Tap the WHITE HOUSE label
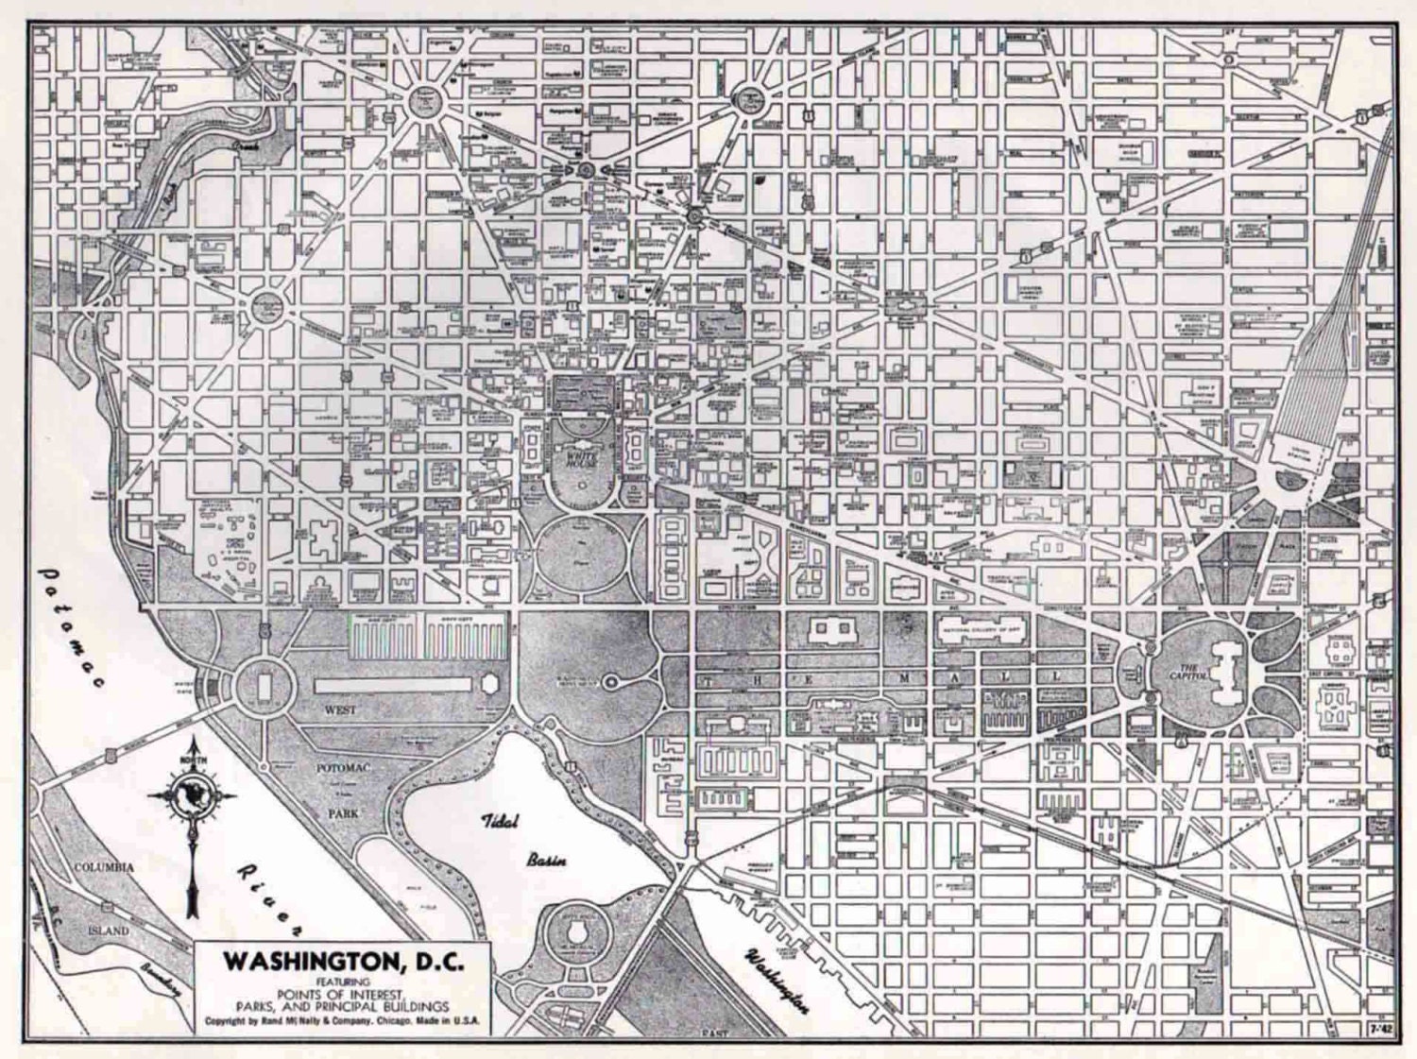coord(583,458)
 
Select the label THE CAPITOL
coord(1183,672)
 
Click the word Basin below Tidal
coord(546,860)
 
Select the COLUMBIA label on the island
coord(104,867)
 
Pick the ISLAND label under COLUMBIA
coord(109,931)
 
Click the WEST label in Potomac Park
coord(340,709)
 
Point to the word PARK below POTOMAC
coord(343,812)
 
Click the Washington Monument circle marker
coord(610,680)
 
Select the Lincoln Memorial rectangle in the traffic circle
coord(264,682)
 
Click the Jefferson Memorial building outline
coord(577,933)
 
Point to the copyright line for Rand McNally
coord(343,1021)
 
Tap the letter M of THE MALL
coord(904,678)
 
